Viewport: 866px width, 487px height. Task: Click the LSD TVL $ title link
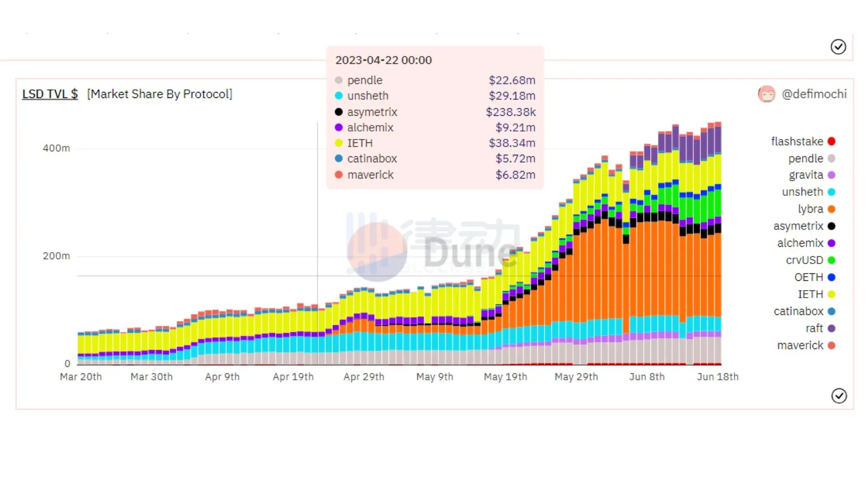[x=50, y=94]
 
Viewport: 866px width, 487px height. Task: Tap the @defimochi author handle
[x=814, y=94]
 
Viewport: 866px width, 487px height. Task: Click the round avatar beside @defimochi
[x=766, y=94]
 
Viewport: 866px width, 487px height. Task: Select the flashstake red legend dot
[x=831, y=141]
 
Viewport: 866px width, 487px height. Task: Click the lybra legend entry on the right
[x=810, y=209]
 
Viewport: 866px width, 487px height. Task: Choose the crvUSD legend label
[x=804, y=260]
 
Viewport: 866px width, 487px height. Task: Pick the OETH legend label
[x=809, y=277]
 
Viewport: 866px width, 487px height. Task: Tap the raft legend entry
[x=814, y=328]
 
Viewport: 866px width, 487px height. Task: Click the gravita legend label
[x=806, y=175]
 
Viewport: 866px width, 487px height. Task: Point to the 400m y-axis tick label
[x=56, y=148]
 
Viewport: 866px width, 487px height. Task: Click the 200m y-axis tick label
[x=56, y=256]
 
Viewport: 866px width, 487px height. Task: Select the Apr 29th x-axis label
[x=364, y=377]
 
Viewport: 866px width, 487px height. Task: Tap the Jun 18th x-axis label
[x=717, y=377]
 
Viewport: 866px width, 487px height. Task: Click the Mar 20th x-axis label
[x=81, y=377]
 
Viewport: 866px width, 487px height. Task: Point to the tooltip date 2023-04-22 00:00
[x=383, y=60]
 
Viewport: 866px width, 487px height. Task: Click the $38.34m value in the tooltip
[x=511, y=143]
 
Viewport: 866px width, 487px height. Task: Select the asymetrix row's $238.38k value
[x=510, y=112]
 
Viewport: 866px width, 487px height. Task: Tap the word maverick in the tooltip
[x=370, y=175]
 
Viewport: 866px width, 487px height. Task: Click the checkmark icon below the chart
[x=838, y=396]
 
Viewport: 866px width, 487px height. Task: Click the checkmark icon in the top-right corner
[x=838, y=47]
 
